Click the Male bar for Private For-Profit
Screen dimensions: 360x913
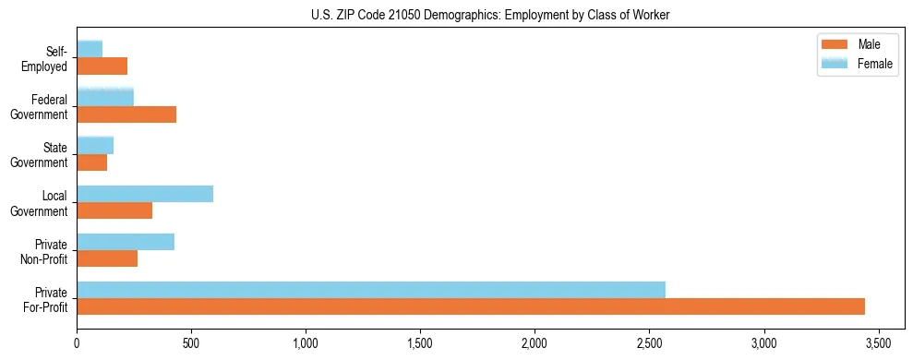(x=471, y=306)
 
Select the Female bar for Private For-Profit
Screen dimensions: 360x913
(x=371, y=290)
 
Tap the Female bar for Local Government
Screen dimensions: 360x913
(x=145, y=194)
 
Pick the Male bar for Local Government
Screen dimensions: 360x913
(x=114, y=210)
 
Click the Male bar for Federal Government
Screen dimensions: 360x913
(x=126, y=114)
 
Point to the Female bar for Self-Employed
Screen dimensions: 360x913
(x=90, y=49)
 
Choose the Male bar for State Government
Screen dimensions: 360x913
(x=92, y=162)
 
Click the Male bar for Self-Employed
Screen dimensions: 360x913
(x=102, y=66)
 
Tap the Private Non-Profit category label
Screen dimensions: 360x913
(x=45, y=251)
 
